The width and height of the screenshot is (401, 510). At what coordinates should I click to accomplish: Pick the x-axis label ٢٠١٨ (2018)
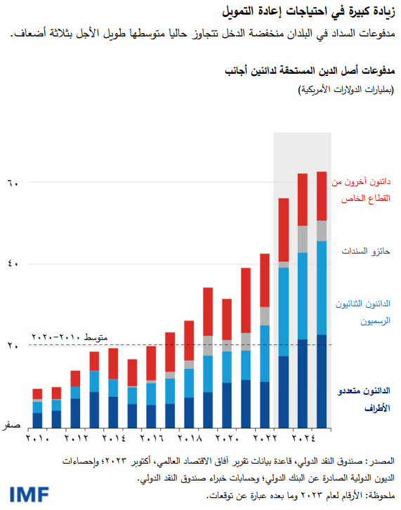tap(190, 439)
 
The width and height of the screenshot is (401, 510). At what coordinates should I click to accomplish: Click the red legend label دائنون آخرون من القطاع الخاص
tap(360, 190)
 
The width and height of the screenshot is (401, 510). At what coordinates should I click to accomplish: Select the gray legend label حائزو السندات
tap(364, 251)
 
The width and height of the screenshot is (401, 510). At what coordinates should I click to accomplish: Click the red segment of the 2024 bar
tap(303, 200)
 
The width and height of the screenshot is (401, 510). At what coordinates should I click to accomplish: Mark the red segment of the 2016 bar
tap(151, 362)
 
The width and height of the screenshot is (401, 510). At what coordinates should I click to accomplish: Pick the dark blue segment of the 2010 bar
tap(38, 420)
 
